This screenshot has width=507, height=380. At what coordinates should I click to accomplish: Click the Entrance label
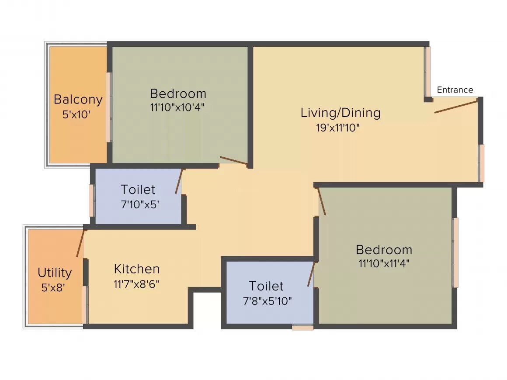click(x=455, y=90)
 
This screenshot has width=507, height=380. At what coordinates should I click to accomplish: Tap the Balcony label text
click(x=78, y=100)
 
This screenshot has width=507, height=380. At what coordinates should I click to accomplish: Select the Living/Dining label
click(x=340, y=113)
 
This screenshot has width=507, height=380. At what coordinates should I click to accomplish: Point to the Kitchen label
click(x=137, y=269)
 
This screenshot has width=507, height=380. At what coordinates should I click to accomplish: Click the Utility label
click(x=55, y=273)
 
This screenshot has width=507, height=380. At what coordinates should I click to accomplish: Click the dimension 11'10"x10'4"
click(x=177, y=107)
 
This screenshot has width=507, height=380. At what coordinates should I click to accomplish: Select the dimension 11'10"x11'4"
click(x=383, y=263)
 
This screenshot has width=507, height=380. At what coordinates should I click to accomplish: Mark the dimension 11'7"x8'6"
click(x=136, y=284)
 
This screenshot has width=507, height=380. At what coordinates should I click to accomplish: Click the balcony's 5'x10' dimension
click(x=77, y=115)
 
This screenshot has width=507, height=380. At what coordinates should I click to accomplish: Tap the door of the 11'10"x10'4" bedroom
click(x=233, y=160)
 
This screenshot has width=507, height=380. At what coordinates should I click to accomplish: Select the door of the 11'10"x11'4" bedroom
click(x=322, y=201)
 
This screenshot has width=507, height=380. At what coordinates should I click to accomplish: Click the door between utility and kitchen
click(x=80, y=243)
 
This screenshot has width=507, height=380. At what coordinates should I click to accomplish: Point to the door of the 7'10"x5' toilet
click(x=179, y=181)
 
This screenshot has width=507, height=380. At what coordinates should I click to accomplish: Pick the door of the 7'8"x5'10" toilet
click(x=311, y=274)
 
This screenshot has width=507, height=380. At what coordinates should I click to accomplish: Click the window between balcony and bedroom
click(x=108, y=107)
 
